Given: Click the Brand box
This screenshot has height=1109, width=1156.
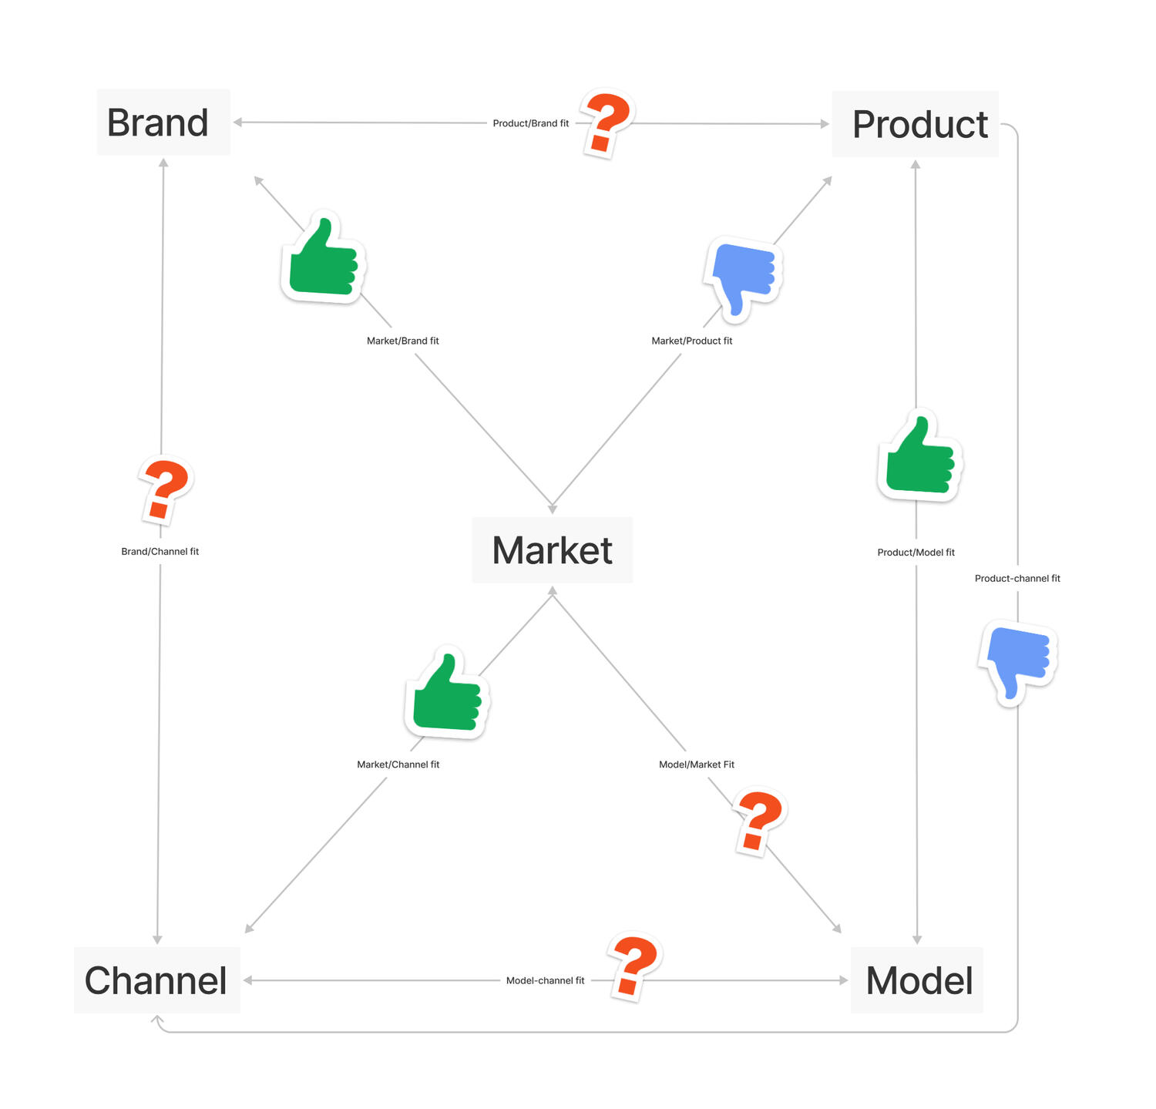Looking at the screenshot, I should coord(163,123).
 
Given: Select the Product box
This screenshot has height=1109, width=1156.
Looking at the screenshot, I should coord(915,124).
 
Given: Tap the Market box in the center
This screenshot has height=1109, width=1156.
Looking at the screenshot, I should coord(552,550).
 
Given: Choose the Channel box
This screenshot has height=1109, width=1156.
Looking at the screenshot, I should coord(156,980).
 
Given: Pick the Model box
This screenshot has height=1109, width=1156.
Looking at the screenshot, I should coord(917,980).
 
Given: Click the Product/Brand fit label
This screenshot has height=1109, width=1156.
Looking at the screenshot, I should coord(530,123).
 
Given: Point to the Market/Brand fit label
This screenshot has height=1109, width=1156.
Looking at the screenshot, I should coord(402,341).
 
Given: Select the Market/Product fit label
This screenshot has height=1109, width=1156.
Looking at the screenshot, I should coord(691,341).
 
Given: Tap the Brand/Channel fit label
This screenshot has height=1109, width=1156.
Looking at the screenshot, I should coord(160,552).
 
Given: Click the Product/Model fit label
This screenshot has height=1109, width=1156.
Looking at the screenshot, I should coord(916,553).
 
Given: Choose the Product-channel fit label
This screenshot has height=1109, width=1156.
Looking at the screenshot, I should coord(1017,579).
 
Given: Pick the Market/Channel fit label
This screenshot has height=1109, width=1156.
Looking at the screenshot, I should coord(398,765).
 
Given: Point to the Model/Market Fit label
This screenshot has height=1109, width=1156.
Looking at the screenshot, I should coord(696,765).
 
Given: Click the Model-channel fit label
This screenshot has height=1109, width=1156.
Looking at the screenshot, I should coord(545,981).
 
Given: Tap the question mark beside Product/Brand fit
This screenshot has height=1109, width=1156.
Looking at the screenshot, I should coord(607,123).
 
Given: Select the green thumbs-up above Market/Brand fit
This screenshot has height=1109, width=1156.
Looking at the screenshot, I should coord(323,257).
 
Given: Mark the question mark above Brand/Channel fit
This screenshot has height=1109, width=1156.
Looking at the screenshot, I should coord(166,490).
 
